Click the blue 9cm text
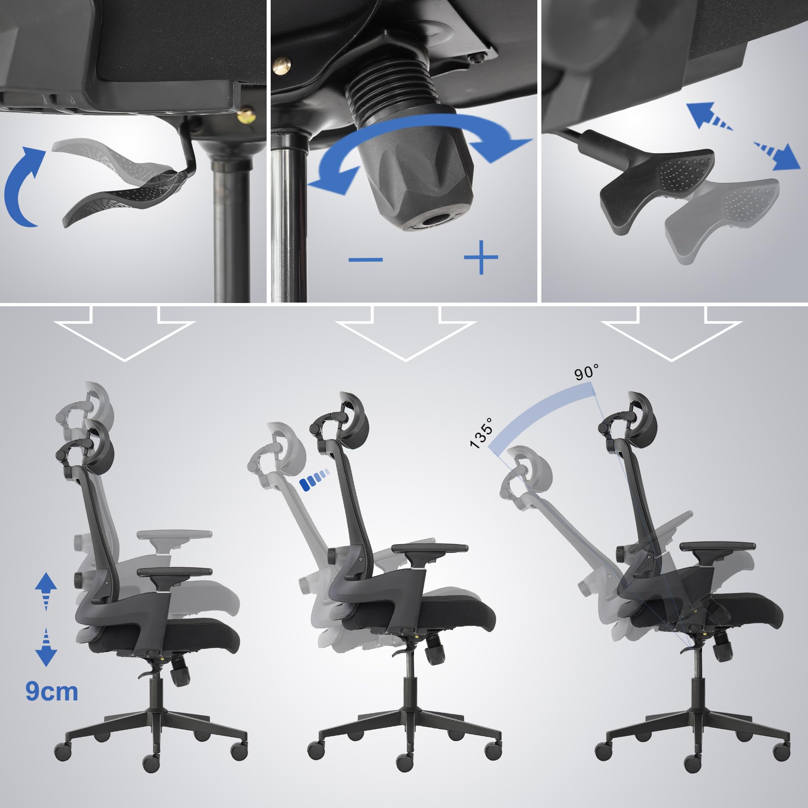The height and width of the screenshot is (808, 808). (52, 691)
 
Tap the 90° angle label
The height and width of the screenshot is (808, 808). (586, 371)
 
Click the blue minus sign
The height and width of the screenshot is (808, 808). (366, 260)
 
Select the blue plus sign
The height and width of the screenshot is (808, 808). (481, 257)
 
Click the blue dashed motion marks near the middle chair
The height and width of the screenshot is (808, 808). (314, 483)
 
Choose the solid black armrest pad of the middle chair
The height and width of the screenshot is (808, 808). (430, 548)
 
